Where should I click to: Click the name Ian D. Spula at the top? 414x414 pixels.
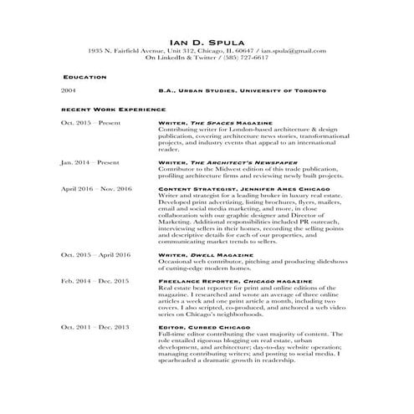pyautogui.click(x=207, y=40)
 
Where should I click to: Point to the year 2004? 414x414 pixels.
pyautogui.click(x=69, y=90)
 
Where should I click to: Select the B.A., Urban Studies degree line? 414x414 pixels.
pyautogui.click(x=242, y=90)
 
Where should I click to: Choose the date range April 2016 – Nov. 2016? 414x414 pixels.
pyautogui.click(x=96, y=189)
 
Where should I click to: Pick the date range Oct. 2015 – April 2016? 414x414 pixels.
pyautogui.click(x=95, y=253)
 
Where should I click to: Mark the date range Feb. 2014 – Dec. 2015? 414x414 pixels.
pyautogui.click(x=94, y=281)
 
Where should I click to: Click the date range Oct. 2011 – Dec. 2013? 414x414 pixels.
pyautogui.click(x=94, y=327)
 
